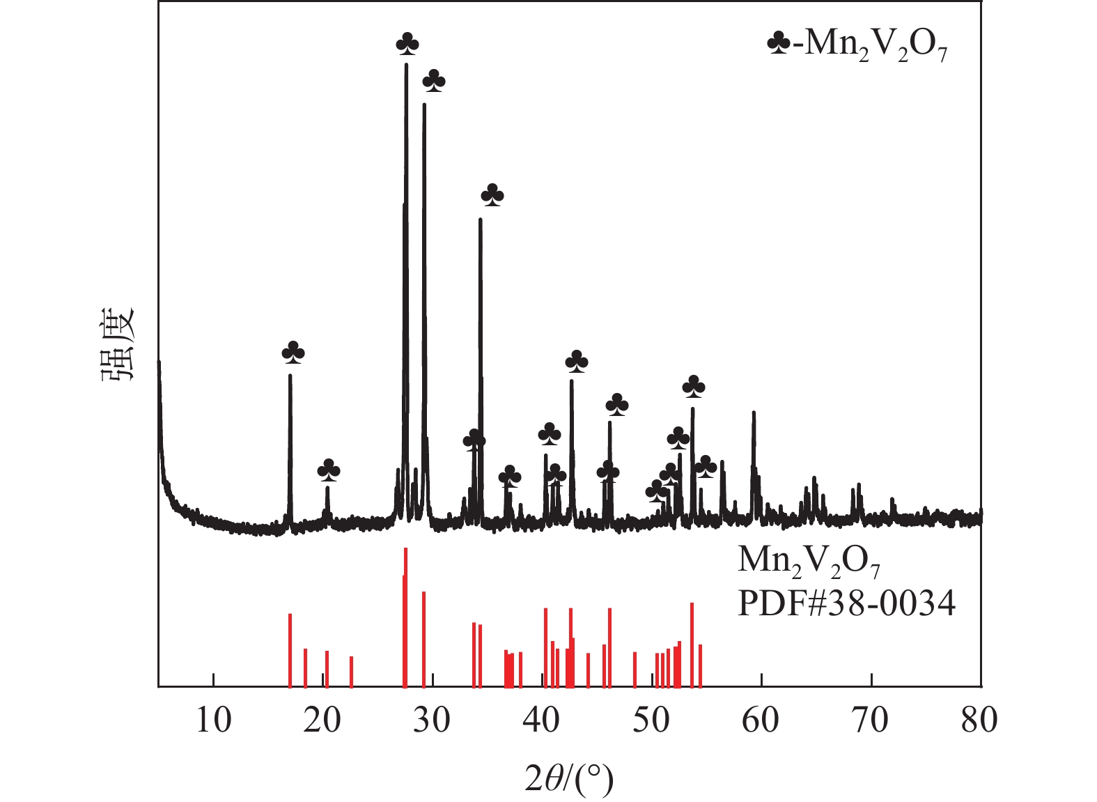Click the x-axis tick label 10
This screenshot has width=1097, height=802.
[213, 721]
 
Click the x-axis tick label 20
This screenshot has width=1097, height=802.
[322, 721]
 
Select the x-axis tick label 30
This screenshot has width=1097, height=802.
[432, 721]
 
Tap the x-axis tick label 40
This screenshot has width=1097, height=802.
[541, 721]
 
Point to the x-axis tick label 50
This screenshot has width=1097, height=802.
[651, 721]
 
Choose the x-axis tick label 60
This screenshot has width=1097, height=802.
[761, 721]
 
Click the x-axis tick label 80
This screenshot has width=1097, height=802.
[979, 721]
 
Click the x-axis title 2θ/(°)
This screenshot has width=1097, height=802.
[569, 779]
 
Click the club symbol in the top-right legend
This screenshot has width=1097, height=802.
[778, 45]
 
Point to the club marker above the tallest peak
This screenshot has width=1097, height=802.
[407, 45]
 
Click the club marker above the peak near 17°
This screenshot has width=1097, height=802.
[293, 353]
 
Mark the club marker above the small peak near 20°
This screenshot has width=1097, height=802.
[329, 470]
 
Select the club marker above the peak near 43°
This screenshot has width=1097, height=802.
[577, 362]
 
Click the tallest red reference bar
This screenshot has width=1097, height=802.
[405, 617]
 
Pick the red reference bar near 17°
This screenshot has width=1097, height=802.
[290, 650]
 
